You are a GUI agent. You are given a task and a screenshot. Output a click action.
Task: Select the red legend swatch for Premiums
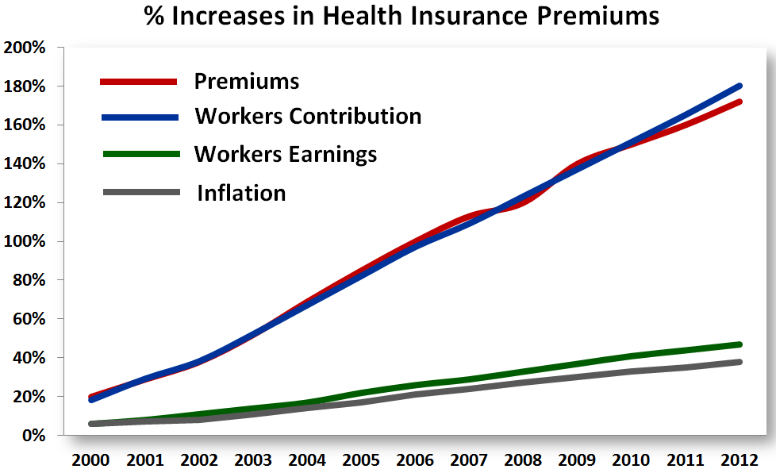point(138,82)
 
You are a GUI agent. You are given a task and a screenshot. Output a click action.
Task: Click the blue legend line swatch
point(138,117)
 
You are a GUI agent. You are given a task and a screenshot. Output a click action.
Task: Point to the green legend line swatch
point(138,154)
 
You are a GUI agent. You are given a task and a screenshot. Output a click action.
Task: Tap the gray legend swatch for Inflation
point(138,192)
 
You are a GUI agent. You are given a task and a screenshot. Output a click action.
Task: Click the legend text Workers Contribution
point(308,116)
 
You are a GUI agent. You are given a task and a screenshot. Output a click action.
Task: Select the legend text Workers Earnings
point(286,153)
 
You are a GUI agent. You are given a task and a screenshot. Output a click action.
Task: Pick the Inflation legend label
point(241,192)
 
